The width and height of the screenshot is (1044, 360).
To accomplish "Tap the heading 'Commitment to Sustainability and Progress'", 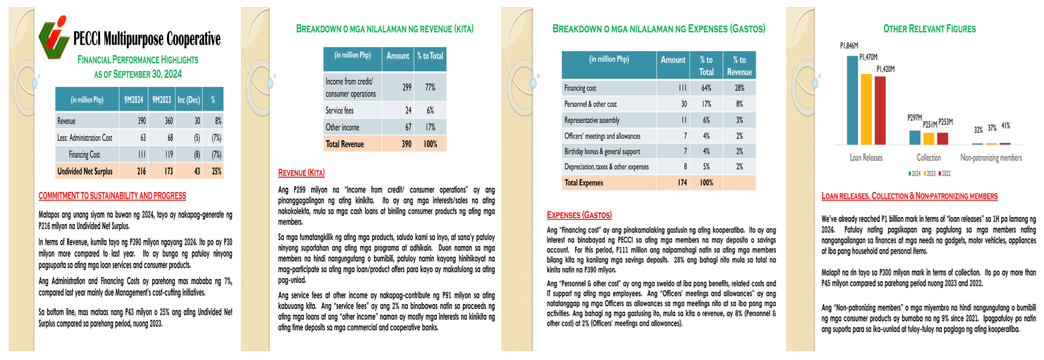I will click(112, 196).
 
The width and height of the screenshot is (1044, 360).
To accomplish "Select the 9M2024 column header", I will click(133, 100).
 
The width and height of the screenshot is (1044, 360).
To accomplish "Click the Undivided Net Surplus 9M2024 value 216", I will click(141, 171).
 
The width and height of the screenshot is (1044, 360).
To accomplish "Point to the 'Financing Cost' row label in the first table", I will click(84, 155).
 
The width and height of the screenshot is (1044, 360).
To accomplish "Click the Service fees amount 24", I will click(408, 110).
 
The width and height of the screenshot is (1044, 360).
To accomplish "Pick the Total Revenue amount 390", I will click(406, 144).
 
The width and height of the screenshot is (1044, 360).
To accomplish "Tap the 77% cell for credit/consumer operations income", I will click(430, 87).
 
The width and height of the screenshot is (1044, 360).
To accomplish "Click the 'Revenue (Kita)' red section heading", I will click(301, 173).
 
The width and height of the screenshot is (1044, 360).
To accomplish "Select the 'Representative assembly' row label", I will click(592, 120).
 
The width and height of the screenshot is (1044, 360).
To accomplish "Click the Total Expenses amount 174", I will click(682, 183).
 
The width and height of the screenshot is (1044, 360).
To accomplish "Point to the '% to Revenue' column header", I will click(739, 65).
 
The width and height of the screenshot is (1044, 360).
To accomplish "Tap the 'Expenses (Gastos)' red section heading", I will click(579, 215).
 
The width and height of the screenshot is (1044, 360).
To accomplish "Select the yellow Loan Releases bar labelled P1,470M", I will click(866, 109).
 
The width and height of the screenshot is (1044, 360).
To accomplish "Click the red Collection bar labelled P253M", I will click(942, 138).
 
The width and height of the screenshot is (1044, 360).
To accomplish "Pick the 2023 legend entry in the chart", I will click(929, 173).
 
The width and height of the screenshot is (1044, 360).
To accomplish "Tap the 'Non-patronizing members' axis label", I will click(991, 158).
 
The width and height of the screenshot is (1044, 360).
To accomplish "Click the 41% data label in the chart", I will click(1005, 126).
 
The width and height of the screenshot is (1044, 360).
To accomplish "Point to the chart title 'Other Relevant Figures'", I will click(929, 29).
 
